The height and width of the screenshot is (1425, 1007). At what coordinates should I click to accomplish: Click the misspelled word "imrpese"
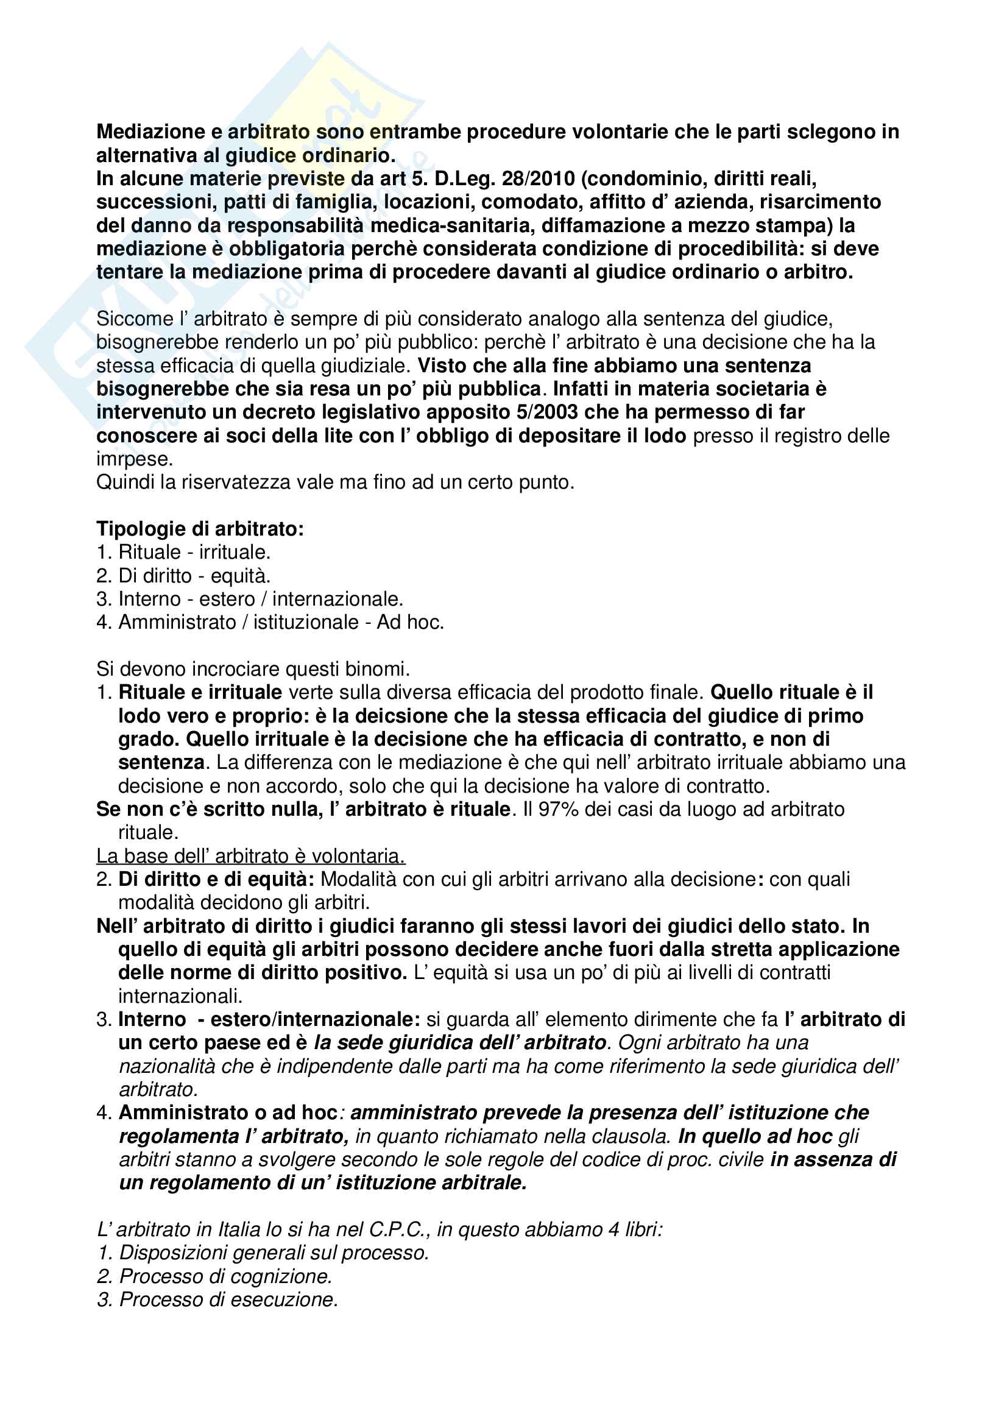click(x=133, y=459)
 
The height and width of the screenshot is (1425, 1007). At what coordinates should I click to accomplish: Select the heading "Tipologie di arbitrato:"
click(x=200, y=529)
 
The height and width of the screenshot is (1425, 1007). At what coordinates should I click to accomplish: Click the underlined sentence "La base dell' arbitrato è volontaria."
click(x=250, y=857)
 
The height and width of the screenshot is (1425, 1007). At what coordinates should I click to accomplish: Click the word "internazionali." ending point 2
click(x=180, y=997)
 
